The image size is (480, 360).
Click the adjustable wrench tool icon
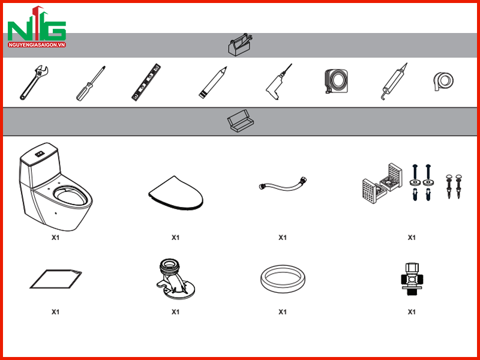pos(34,83)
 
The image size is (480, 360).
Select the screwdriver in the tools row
pos(91,83)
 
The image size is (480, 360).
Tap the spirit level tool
pos(146,82)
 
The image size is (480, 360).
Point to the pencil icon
pos(213,82)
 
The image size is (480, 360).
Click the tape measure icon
pos(336,81)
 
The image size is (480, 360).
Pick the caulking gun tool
pos(395,81)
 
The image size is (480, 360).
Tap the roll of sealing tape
pos(443,81)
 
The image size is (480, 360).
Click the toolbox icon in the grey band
pos(239,44)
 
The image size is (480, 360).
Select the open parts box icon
pos(241,121)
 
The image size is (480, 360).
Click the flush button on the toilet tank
pos(39,154)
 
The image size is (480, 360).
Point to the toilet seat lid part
pos(176,193)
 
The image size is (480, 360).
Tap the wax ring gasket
pos(283,279)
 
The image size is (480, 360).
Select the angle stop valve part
pos(412,279)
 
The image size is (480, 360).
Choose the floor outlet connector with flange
pos(175,279)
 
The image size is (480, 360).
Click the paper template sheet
pos(56,279)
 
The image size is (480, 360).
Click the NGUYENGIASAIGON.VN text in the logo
pos(37,44)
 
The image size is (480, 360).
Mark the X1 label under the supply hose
pos(283,238)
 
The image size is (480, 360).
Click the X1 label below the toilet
pos(55,238)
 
